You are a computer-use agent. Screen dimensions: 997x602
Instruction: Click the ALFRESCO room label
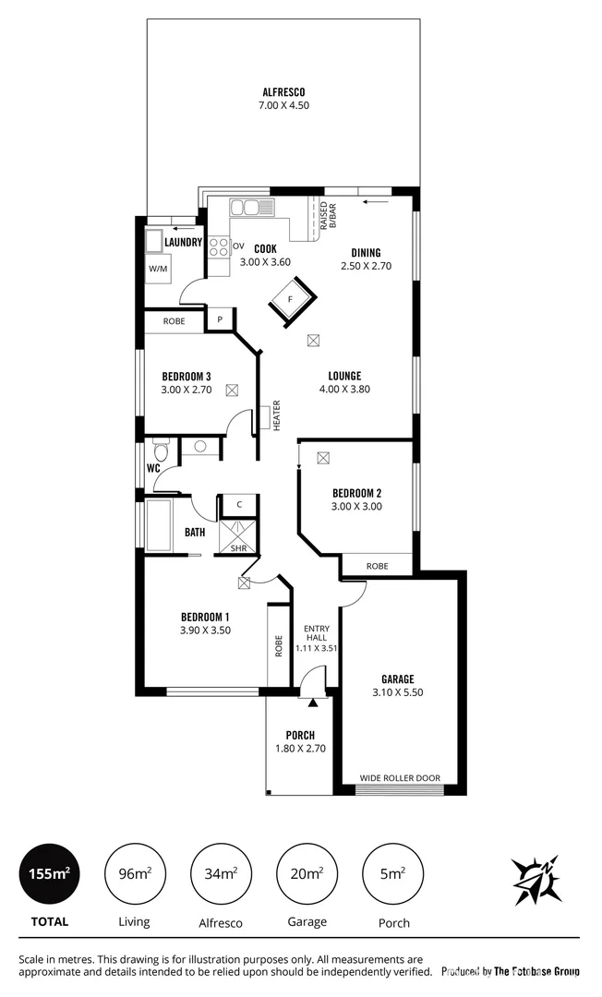point(283,92)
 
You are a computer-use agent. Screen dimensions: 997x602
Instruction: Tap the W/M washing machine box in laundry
point(157,268)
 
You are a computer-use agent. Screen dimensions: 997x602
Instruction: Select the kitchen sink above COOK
point(250,208)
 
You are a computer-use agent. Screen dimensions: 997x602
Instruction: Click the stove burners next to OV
point(219,246)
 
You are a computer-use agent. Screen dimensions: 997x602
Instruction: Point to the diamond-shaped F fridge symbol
point(291,301)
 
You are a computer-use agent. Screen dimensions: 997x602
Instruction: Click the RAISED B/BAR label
point(327,213)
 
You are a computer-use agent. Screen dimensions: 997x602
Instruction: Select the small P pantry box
point(220,319)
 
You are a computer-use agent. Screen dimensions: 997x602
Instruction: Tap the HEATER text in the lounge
point(276,415)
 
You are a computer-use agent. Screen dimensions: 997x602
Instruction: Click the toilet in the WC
point(161,451)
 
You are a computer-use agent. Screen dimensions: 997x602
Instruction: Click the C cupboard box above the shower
point(239,504)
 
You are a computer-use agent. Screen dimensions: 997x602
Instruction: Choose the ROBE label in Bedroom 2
point(377,565)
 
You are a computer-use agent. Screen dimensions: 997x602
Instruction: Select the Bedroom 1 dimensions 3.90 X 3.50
point(205,631)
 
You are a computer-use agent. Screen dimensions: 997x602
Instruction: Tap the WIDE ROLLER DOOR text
point(399,777)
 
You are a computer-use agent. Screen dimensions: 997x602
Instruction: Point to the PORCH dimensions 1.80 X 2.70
point(300,749)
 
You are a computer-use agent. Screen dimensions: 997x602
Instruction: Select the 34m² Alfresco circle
point(221,872)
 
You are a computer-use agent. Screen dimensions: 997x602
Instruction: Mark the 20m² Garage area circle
point(307,872)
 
